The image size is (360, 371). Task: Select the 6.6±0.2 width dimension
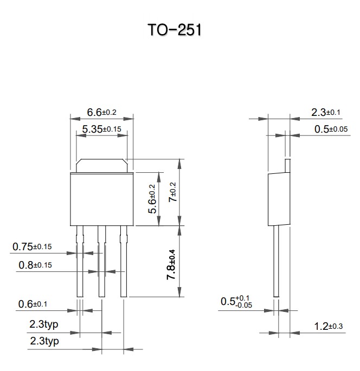click(x=101, y=113)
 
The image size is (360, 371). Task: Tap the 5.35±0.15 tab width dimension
click(x=101, y=129)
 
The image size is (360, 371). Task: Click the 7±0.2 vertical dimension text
click(x=172, y=192)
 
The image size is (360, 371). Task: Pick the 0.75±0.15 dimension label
click(x=40, y=247)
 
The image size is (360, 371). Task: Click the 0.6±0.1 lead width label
click(x=40, y=305)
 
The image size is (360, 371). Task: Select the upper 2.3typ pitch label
click(x=43, y=325)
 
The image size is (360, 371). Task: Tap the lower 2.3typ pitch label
click(x=43, y=342)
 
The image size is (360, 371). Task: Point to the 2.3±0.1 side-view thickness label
click(x=326, y=113)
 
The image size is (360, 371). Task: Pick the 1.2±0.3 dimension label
click(x=329, y=326)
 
